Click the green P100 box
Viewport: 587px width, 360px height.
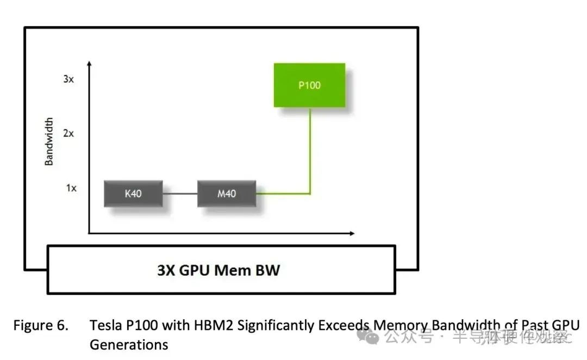point(309,85)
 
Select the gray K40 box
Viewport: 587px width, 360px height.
point(133,193)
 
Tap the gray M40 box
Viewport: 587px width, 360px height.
point(227,193)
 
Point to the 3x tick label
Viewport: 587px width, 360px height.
point(68,79)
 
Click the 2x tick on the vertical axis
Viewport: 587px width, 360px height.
point(68,133)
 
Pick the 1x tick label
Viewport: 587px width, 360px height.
point(71,188)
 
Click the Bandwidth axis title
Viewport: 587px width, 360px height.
point(49,141)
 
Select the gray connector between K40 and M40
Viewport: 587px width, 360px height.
point(180,193)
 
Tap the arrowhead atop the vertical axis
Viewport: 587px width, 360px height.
point(89,64)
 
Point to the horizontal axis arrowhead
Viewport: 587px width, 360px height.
point(352,233)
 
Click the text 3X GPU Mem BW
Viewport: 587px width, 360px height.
point(218,270)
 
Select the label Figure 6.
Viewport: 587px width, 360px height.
point(41,325)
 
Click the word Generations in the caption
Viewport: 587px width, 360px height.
point(129,344)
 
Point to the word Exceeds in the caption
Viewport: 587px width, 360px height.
point(345,325)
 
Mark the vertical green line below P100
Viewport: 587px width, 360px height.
point(310,150)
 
